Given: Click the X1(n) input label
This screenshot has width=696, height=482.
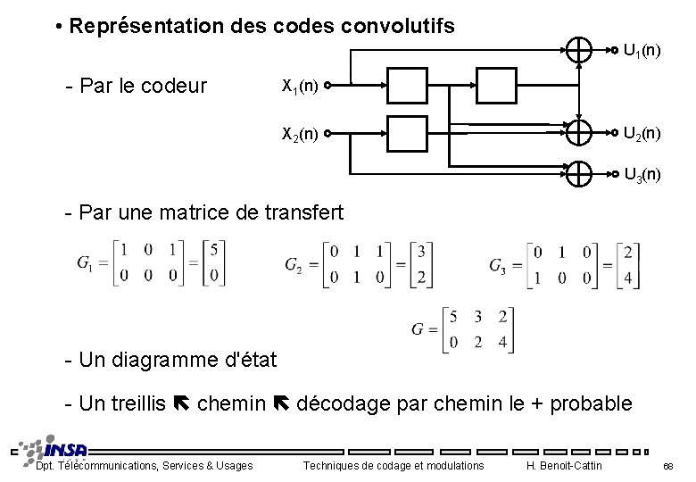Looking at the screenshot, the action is (300, 87).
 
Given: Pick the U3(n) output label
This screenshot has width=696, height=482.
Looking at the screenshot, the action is (642, 174).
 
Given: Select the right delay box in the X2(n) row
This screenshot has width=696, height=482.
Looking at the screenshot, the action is (481, 134).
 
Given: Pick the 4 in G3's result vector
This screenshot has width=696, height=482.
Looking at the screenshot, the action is (628, 278).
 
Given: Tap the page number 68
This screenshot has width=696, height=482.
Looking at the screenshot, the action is (668, 466).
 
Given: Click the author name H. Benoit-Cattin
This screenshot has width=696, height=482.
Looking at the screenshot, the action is (565, 465).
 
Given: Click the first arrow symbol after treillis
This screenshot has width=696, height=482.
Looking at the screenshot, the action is (180, 404).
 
